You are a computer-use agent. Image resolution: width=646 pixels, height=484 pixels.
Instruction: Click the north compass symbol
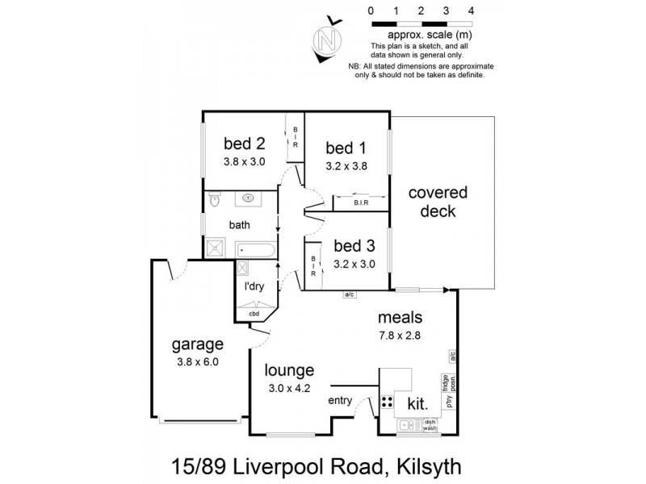coord(327,38)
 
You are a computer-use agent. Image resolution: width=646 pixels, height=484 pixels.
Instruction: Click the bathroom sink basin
coord(247,198)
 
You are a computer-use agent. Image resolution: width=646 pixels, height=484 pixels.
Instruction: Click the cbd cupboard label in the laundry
coord(253,315)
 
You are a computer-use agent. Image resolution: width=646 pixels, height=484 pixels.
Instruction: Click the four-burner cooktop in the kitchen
coord(387,401)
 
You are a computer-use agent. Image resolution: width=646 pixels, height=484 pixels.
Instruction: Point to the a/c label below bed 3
coord(350,294)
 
